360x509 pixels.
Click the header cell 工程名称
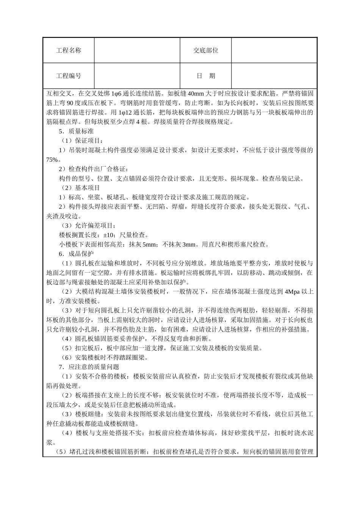tap(69, 50)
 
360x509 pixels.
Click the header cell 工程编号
tap(69, 76)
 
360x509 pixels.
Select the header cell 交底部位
tap(206, 50)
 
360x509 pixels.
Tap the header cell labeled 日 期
tap(206, 76)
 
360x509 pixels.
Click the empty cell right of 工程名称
tap(137, 50)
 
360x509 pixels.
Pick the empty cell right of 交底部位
tap(274, 50)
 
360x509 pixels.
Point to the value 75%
tap(53, 159)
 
